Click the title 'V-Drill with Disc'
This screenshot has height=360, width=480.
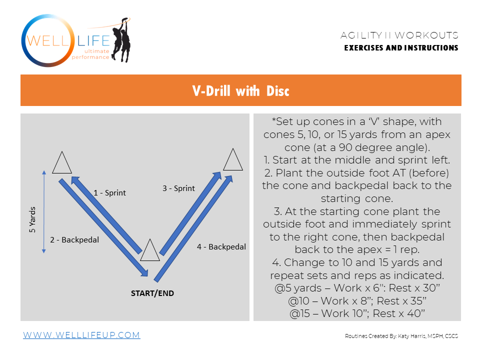(240, 90)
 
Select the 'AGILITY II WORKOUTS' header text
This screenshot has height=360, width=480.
(399, 35)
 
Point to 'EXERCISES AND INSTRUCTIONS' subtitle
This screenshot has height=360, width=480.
(401, 48)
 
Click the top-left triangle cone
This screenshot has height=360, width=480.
(61, 162)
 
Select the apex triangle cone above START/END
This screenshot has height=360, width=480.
(149, 250)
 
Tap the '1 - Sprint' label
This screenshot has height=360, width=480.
(110, 192)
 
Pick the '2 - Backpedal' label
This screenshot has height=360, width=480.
(74, 239)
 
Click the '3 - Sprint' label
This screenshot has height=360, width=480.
(178, 188)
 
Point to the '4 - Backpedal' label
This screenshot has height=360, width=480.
(221, 246)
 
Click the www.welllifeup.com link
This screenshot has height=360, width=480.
(81, 335)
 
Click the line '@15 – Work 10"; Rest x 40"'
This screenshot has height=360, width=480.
(357, 313)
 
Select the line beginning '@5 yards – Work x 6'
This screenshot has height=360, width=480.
(357, 288)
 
